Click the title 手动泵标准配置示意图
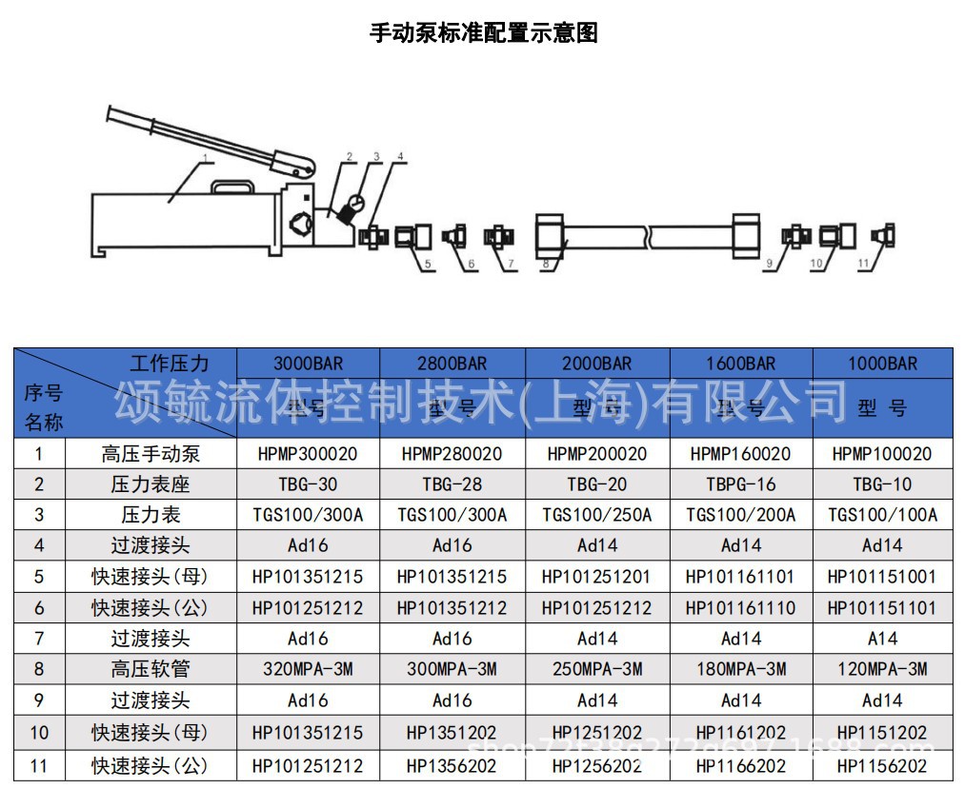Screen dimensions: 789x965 click(483, 33)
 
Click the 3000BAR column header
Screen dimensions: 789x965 click(308, 364)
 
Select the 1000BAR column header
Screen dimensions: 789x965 click(882, 364)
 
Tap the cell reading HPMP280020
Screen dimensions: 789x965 click(452, 454)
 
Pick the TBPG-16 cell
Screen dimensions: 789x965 click(741, 484)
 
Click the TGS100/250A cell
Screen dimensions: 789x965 click(597, 515)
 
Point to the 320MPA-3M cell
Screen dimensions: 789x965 click(308, 669)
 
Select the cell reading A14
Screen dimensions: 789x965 click(882, 639)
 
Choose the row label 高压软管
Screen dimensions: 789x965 click(151, 669)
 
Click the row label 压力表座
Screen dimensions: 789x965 click(151, 484)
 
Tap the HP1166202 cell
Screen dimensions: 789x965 click(741, 766)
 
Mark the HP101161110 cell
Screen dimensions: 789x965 click(741, 607)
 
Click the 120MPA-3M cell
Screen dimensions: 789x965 click(882, 669)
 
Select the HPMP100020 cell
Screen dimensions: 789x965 click(882, 454)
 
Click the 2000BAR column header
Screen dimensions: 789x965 click(597, 364)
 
